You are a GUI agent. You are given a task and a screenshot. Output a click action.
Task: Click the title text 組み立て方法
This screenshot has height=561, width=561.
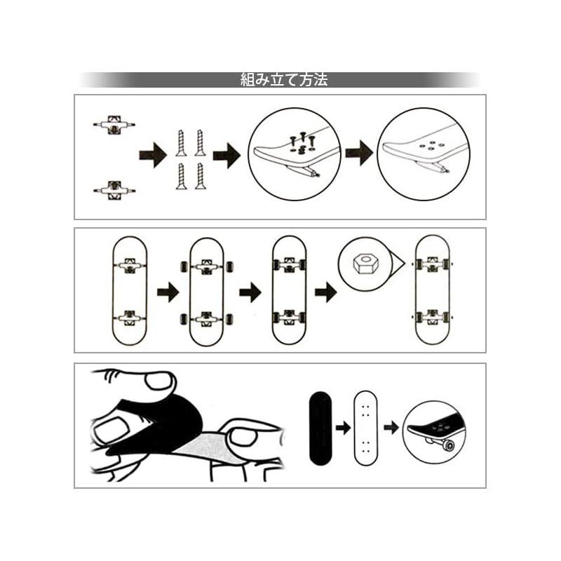click(283, 80)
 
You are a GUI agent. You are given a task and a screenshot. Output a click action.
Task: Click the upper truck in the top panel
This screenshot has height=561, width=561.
click(113, 126)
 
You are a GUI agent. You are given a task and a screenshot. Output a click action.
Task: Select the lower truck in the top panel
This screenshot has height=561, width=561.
click(113, 189)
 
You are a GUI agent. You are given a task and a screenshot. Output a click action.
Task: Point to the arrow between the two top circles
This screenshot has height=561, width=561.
click(358, 152)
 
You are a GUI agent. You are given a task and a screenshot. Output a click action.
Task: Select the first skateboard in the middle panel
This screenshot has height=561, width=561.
click(129, 290)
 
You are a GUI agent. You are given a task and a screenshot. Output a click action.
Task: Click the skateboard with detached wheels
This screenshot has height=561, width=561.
click(207, 291)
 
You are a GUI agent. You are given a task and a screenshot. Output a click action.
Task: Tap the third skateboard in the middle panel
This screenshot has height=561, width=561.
click(290, 290)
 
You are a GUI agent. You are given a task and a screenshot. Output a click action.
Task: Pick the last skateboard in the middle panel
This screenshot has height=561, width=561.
click(432, 290)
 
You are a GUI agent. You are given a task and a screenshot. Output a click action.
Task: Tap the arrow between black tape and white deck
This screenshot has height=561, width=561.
click(342, 426)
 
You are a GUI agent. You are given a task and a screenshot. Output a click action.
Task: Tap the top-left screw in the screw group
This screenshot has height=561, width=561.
click(180, 143)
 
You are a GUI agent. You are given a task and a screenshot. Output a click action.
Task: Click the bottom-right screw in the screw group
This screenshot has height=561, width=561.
click(200, 175)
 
